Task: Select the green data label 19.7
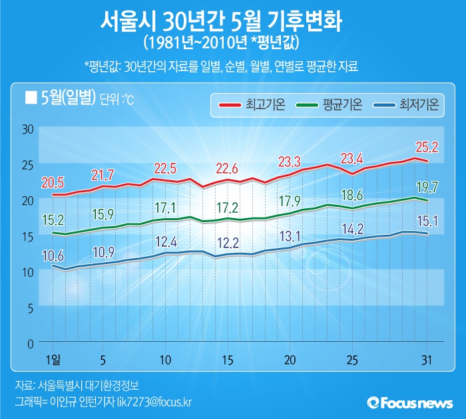click(x=426, y=187)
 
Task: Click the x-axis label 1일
click(x=53, y=360)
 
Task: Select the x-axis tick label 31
click(x=427, y=360)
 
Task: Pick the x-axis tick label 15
click(x=228, y=360)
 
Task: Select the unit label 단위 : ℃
click(x=117, y=100)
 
